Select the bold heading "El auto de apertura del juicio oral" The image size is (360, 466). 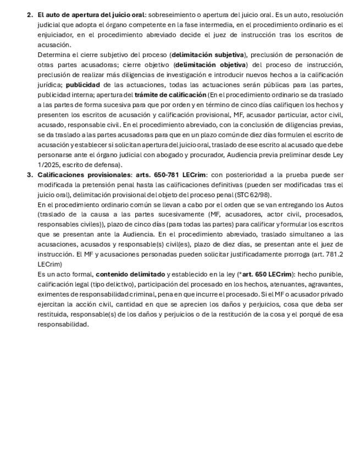91,15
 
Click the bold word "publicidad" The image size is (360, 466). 83,85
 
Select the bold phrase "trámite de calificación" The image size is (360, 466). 170,95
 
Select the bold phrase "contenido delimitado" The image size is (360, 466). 130,274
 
